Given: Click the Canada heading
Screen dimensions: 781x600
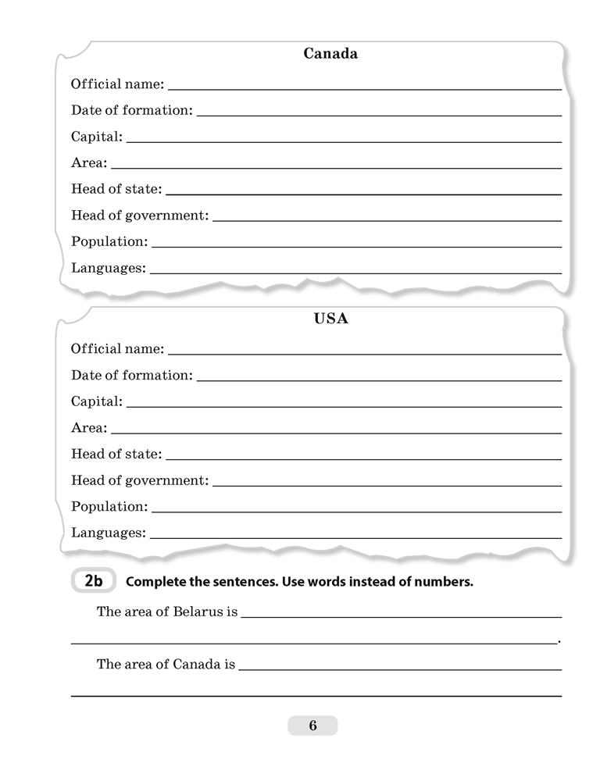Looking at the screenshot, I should [x=330, y=54].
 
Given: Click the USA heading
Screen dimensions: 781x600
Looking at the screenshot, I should [x=330, y=319].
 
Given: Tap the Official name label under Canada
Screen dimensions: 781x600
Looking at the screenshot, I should [x=117, y=84].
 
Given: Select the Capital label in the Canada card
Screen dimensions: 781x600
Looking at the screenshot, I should [x=97, y=137].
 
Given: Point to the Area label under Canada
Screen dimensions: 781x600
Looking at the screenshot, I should [x=89, y=163].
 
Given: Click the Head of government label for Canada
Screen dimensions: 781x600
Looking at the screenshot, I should [x=140, y=216].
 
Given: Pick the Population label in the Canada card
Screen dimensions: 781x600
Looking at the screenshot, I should [x=109, y=241].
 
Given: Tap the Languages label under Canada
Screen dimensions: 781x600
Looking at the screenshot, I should [x=109, y=268].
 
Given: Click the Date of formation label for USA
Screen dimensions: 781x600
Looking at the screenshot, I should [x=132, y=375].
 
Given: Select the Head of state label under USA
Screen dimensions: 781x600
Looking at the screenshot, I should [x=116, y=454].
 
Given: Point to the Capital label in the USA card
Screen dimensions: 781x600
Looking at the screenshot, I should [x=97, y=401].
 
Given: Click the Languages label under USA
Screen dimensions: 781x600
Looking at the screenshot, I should [x=109, y=533].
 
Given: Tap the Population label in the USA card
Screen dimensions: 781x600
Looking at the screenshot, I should [x=109, y=506].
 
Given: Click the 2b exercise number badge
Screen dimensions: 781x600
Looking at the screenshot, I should [x=93, y=581].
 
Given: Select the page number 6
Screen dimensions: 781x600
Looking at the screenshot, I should [x=312, y=726].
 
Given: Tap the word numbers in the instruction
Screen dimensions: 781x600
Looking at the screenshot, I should [x=448, y=582].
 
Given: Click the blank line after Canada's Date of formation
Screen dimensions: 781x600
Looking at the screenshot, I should [x=379, y=116].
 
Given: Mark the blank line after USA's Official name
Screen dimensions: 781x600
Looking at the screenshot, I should [x=364, y=354].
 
